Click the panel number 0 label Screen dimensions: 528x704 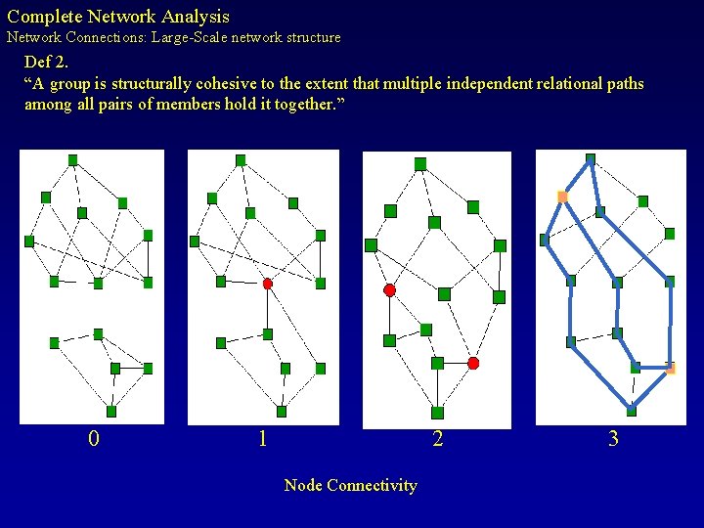coord(93,439)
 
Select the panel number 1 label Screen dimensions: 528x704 coord(262,439)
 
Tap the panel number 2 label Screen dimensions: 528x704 coord(437,439)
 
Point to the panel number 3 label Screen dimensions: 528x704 coord(613,439)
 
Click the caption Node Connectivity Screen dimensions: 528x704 coord(350,486)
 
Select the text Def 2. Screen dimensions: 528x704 coord(46,63)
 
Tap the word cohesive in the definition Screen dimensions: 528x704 coord(227,84)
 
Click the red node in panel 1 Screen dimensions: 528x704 coord(267,284)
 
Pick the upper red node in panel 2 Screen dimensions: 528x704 coord(389,290)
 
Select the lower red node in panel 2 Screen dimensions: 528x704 coord(473,363)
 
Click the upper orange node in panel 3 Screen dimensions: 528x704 coord(562,197)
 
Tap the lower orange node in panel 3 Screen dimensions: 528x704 coord(670,369)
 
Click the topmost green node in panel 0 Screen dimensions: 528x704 coord(72,159)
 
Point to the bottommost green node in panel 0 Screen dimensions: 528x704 coord(111,412)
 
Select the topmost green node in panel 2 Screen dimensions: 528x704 coord(420,164)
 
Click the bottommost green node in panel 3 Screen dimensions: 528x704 coord(632,411)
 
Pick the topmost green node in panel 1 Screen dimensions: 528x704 coord(241,160)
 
